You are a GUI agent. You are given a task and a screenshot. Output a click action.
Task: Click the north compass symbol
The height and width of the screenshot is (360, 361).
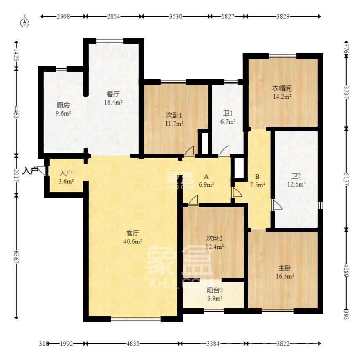click(25, 22)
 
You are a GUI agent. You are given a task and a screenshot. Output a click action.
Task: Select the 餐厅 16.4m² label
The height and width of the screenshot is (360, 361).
click(114, 98)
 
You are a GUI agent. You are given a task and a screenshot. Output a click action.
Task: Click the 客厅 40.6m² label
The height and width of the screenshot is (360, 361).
click(132, 237)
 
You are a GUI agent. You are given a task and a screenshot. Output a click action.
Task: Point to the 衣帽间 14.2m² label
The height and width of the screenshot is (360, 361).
click(282, 92)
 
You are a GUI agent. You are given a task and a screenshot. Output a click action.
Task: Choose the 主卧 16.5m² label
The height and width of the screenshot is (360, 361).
click(285, 272)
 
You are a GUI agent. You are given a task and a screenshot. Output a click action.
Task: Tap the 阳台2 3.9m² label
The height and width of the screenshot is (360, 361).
click(214, 294)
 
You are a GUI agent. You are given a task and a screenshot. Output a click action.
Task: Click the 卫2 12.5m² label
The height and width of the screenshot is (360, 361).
click(296, 180)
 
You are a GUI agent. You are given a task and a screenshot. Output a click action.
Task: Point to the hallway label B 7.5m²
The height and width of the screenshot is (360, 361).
click(257, 181)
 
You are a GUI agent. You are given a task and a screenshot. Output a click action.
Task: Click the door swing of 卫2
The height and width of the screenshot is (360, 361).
click(277, 205)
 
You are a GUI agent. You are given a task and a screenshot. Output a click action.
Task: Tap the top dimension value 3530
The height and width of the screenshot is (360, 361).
click(175, 17)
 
